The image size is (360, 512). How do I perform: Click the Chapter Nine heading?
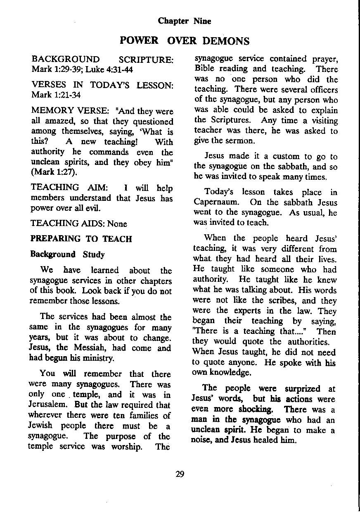(185, 21)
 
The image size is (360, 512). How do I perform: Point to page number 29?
(180, 474)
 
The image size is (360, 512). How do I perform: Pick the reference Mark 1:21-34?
(57, 95)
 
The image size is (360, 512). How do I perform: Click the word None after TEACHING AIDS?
(117, 224)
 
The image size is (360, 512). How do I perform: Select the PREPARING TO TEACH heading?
(81, 239)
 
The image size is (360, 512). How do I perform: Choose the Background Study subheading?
(68, 254)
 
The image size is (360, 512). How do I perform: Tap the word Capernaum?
(216, 203)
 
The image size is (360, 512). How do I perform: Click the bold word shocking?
(256, 410)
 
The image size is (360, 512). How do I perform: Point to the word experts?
(251, 311)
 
